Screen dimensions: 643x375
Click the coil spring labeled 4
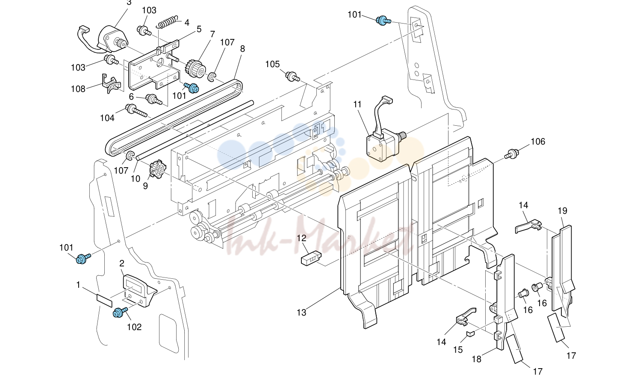tap(166, 22)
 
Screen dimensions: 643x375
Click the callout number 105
tap(272, 64)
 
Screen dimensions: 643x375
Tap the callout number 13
tap(301, 313)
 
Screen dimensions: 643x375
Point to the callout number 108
tap(78, 89)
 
